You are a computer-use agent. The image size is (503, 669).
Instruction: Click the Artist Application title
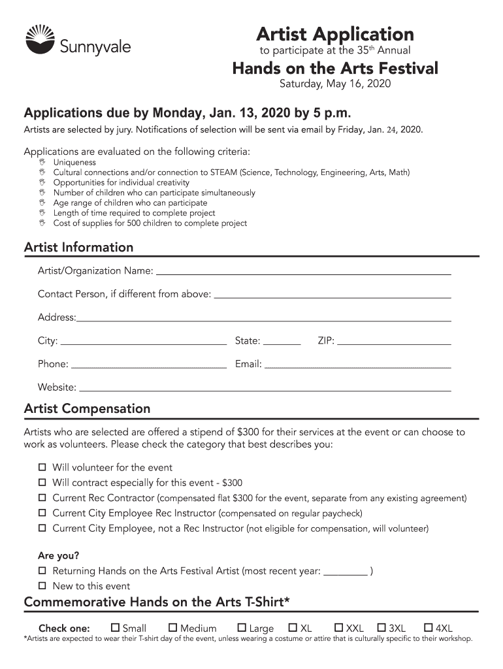(x=334, y=34)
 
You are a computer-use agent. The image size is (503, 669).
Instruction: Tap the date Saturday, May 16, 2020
(x=335, y=84)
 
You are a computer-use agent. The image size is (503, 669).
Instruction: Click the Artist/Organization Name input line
(x=303, y=270)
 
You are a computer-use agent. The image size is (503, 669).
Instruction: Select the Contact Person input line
(x=333, y=294)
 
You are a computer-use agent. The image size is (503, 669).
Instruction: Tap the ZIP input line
(x=394, y=340)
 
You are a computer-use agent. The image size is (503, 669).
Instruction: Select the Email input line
(x=357, y=364)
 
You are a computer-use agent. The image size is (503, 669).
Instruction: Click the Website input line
(x=265, y=387)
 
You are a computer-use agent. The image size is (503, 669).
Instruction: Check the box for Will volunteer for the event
(x=42, y=467)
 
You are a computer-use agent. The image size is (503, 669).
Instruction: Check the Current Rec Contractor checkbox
(x=42, y=498)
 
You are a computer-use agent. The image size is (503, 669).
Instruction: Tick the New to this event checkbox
(x=42, y=585)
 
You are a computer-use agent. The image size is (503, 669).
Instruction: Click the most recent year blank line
(x=346, y=572)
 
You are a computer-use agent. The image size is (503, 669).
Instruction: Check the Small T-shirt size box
(x=116, y=628)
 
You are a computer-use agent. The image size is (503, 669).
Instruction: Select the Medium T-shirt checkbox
(x=173, y=628)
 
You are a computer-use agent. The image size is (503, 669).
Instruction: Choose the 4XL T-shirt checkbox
(x=429, y=628)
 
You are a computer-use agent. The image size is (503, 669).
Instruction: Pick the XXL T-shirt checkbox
(x=339, y=628)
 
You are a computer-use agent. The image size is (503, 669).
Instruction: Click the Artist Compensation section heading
(x=87, y=408)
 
